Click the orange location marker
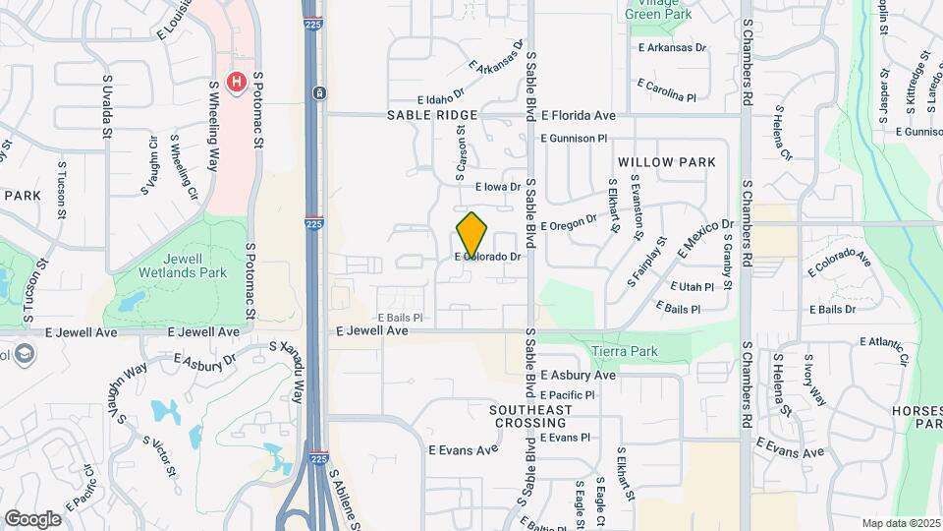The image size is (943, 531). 472,234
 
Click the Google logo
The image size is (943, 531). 32,518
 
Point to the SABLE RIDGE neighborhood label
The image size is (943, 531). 431,115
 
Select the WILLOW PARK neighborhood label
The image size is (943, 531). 666,161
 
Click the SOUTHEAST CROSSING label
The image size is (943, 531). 530,415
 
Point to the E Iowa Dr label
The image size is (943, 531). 497,186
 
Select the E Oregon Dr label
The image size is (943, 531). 569,224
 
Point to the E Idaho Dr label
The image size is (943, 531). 439,97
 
